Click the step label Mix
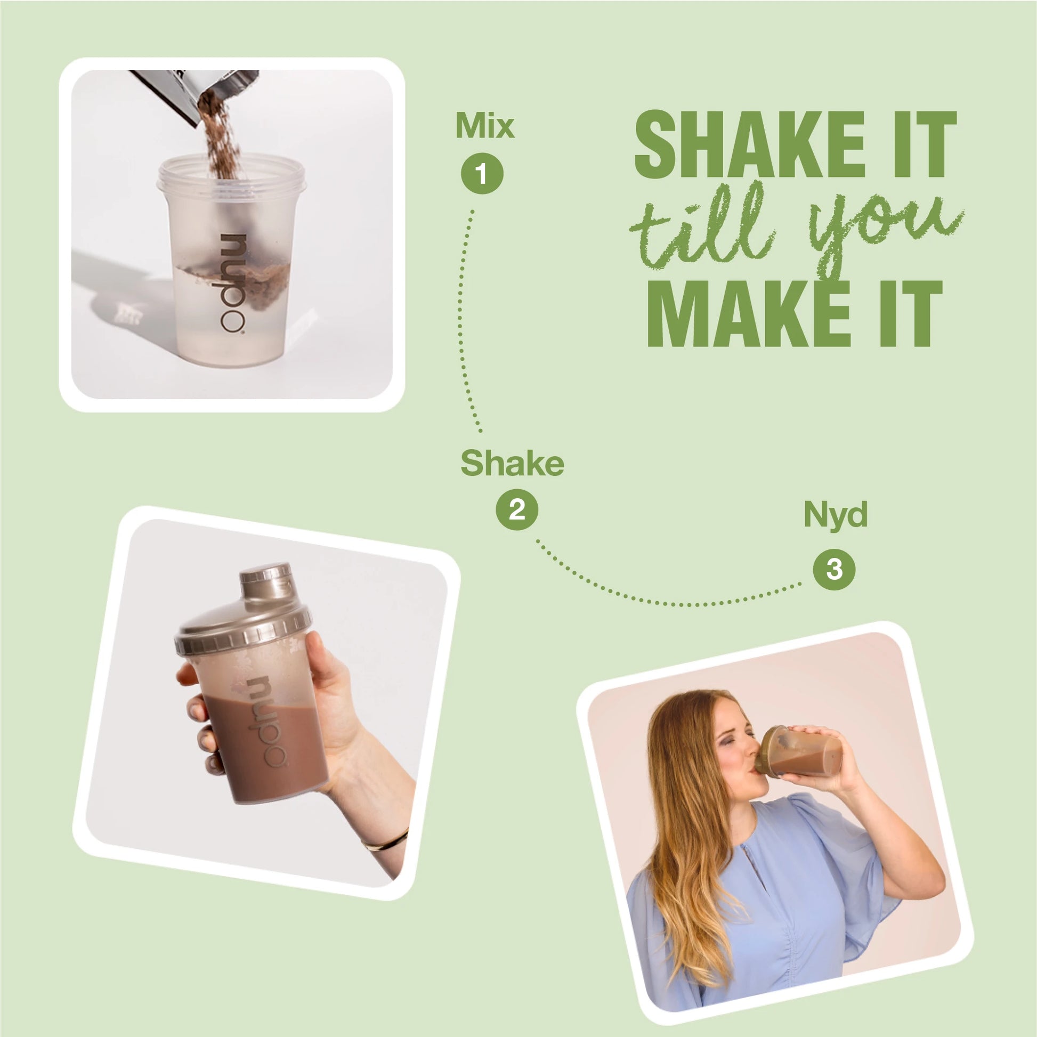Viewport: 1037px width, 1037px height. [x=484, y=127]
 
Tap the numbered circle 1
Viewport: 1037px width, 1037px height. [x=482, y=174]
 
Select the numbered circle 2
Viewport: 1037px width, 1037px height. [x=516, y=509]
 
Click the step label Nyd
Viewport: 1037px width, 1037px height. [x=835, y=514]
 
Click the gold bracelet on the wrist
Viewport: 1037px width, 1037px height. [x=386, y=841]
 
